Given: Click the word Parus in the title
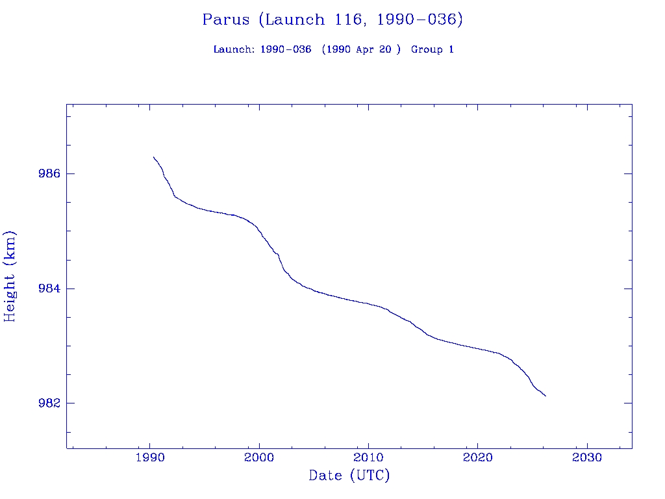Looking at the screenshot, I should click(225, 19).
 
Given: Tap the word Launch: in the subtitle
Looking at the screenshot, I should click(234, 49).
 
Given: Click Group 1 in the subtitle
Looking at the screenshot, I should click(432, 49).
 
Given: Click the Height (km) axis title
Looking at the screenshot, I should click(10, 276).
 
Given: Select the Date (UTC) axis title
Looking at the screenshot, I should click(349, 476).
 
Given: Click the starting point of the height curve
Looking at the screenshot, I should click(153, 157).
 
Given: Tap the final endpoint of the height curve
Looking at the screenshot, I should click(546, 396).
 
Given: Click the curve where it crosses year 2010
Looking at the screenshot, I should click(368, 303).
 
